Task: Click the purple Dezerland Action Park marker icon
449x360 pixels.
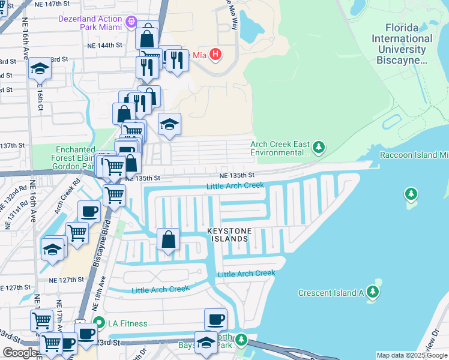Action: pos(133,23)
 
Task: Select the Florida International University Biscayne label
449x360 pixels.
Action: pos(402,44)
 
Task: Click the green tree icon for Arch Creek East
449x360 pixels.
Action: pos(319,147)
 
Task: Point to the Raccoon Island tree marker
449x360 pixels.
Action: pos(411,194)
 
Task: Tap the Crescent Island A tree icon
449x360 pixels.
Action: pos(373,292)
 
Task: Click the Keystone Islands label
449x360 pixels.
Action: pos(228,235)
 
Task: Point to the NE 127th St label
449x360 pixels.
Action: pos(67,280)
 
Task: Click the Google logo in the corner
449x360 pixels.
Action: pos(19,353)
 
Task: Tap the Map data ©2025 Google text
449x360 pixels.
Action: pos(411,355)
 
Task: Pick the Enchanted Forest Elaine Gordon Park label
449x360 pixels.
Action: pos(76,158)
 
